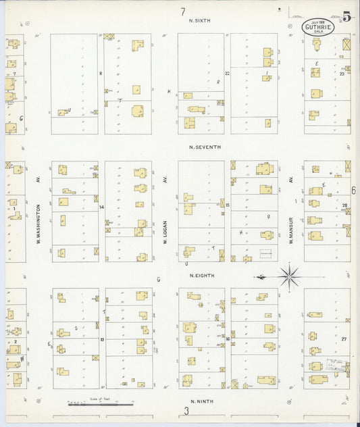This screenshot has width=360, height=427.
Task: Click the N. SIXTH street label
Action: pos(200,20)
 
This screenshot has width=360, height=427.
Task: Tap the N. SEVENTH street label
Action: pos(205,147)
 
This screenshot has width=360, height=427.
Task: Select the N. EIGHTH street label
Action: pos(201,275)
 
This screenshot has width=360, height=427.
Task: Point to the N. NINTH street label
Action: pos(201,401)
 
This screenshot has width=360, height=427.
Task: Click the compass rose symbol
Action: pos(289,276)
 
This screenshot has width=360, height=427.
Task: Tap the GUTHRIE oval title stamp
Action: pos(316,28)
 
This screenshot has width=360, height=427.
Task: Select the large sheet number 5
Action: pos(346,17)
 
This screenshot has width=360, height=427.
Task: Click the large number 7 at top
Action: pos(183,11)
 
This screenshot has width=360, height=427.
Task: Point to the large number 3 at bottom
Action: pos(186,411)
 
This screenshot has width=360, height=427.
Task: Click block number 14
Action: pos(101,207)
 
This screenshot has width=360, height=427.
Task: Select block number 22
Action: pos(228,73)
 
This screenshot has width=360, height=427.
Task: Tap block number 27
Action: pos(344,338)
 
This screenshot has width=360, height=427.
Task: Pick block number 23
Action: pos(342,74)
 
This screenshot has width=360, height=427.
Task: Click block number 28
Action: pos(344,205)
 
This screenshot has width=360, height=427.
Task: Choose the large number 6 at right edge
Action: pos(353,191)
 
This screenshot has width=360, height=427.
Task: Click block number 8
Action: pos(100,73)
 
